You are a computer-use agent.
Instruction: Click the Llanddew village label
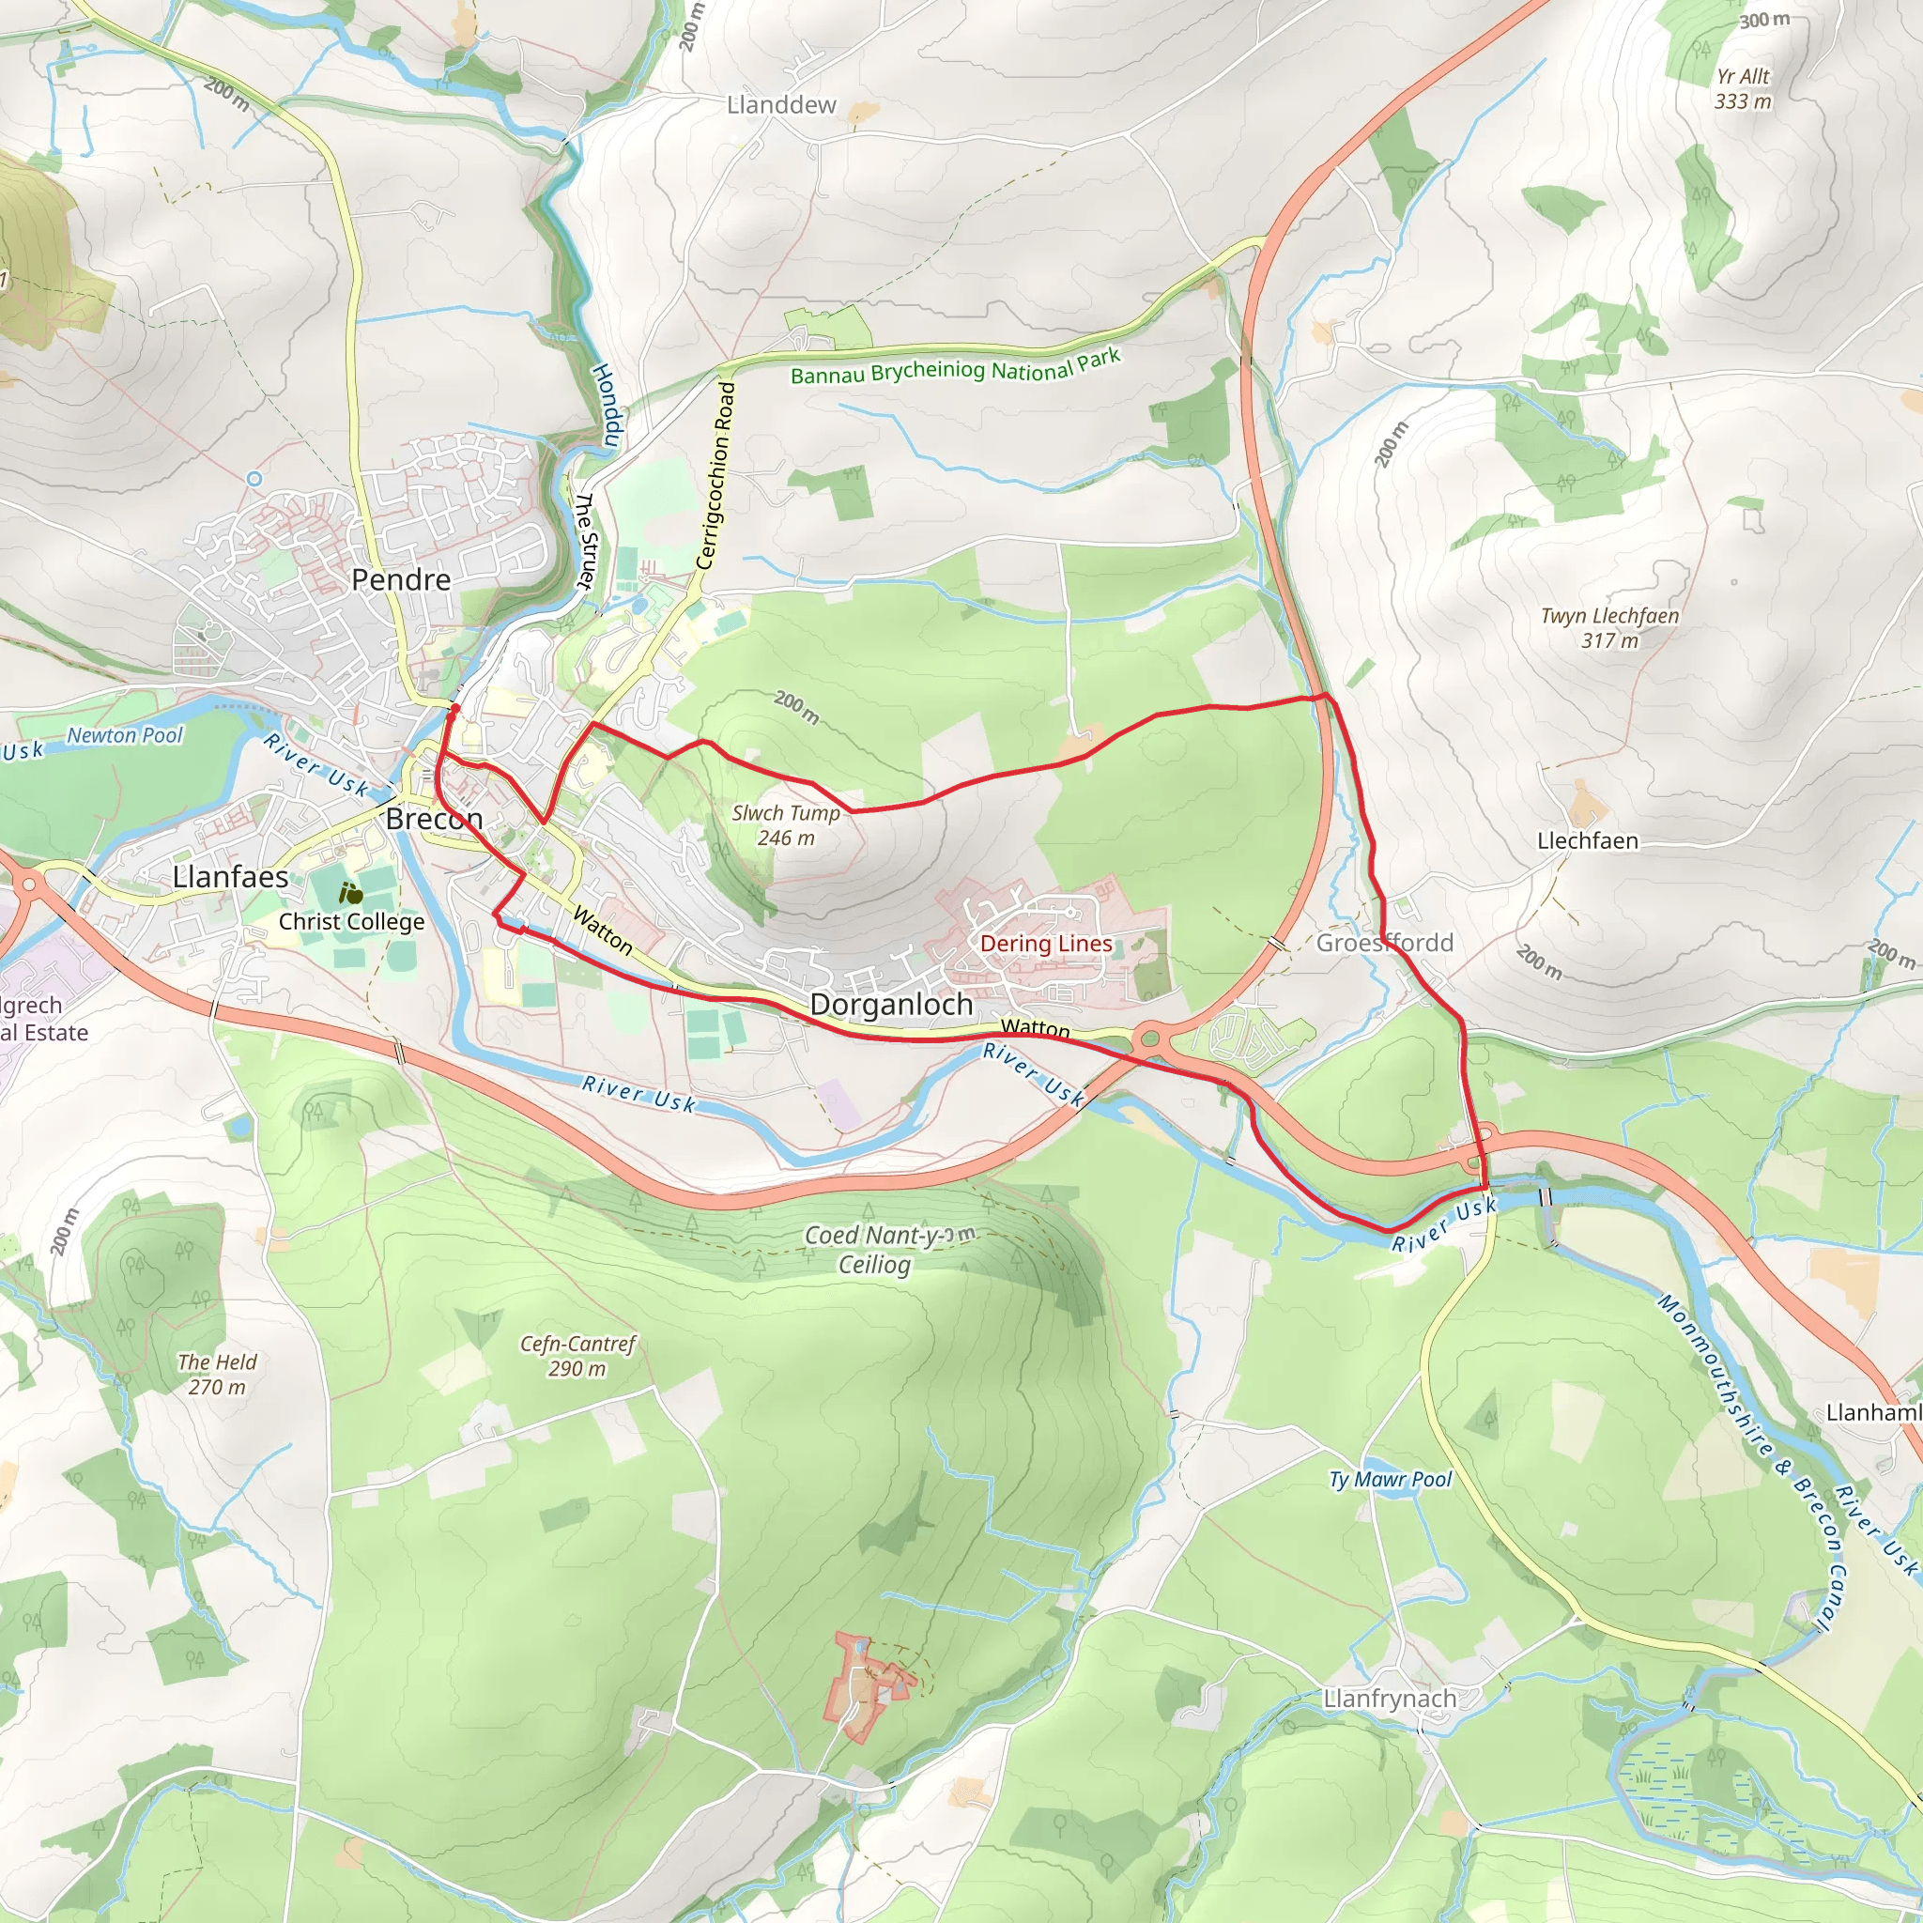(781, 104)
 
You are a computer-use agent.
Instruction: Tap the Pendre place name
(401, 579)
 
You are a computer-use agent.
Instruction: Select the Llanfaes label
(231, 877)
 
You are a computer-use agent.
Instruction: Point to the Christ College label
(351, 922)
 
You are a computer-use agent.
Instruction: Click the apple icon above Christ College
(350, 893)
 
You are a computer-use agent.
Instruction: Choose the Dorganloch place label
(891, 1005)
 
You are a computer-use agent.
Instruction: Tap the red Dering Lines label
(1046, 944)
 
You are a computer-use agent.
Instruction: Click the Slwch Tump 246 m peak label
(786, 825)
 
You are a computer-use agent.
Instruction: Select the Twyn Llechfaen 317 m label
(1609, 628)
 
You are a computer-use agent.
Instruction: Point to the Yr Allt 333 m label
(1743, 88)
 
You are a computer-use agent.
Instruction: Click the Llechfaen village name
(1588, 841)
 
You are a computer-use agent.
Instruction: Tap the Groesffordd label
(1385, 943)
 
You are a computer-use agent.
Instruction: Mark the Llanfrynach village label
(1390, 1699)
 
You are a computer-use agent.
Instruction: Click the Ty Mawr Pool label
(1391, 1480)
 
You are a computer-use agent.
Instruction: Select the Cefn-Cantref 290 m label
(577, 1356)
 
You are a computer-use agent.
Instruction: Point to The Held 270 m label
(217, 1374)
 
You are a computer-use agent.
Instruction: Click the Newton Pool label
(126, 735)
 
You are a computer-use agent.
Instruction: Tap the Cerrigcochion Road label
(715, 476)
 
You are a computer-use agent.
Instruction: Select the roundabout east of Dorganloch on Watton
(1150, 1040)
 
